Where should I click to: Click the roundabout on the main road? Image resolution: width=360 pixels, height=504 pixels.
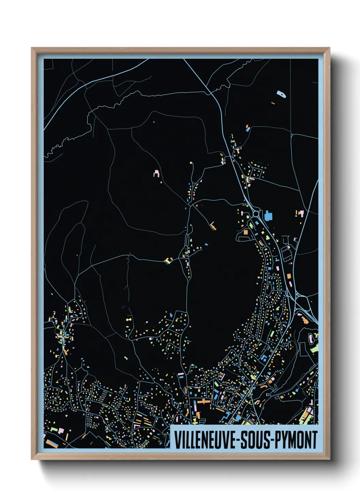click(x=256, y=214)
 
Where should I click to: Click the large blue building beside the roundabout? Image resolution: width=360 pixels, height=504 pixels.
click(x=268, y=216)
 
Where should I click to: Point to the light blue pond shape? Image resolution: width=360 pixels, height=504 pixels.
click(x=281, y=94)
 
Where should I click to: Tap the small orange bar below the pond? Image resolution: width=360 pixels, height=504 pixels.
click(x=273, y=103)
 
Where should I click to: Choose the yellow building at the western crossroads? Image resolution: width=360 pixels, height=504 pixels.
click(x=168, y=261)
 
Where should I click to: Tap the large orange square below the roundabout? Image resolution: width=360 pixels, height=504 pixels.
click(x=246, y=232)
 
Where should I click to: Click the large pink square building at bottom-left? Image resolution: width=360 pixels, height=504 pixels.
click(x=61, y=430)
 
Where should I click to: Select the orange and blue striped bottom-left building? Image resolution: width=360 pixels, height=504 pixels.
click(x=51, y=443)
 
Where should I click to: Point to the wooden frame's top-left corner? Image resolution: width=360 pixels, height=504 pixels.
click(x=32, y=48)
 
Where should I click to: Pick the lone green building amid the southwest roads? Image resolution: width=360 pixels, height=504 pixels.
click(x=126, y=358)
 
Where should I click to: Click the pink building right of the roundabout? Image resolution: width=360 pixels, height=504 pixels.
click(x=301, y=213)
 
